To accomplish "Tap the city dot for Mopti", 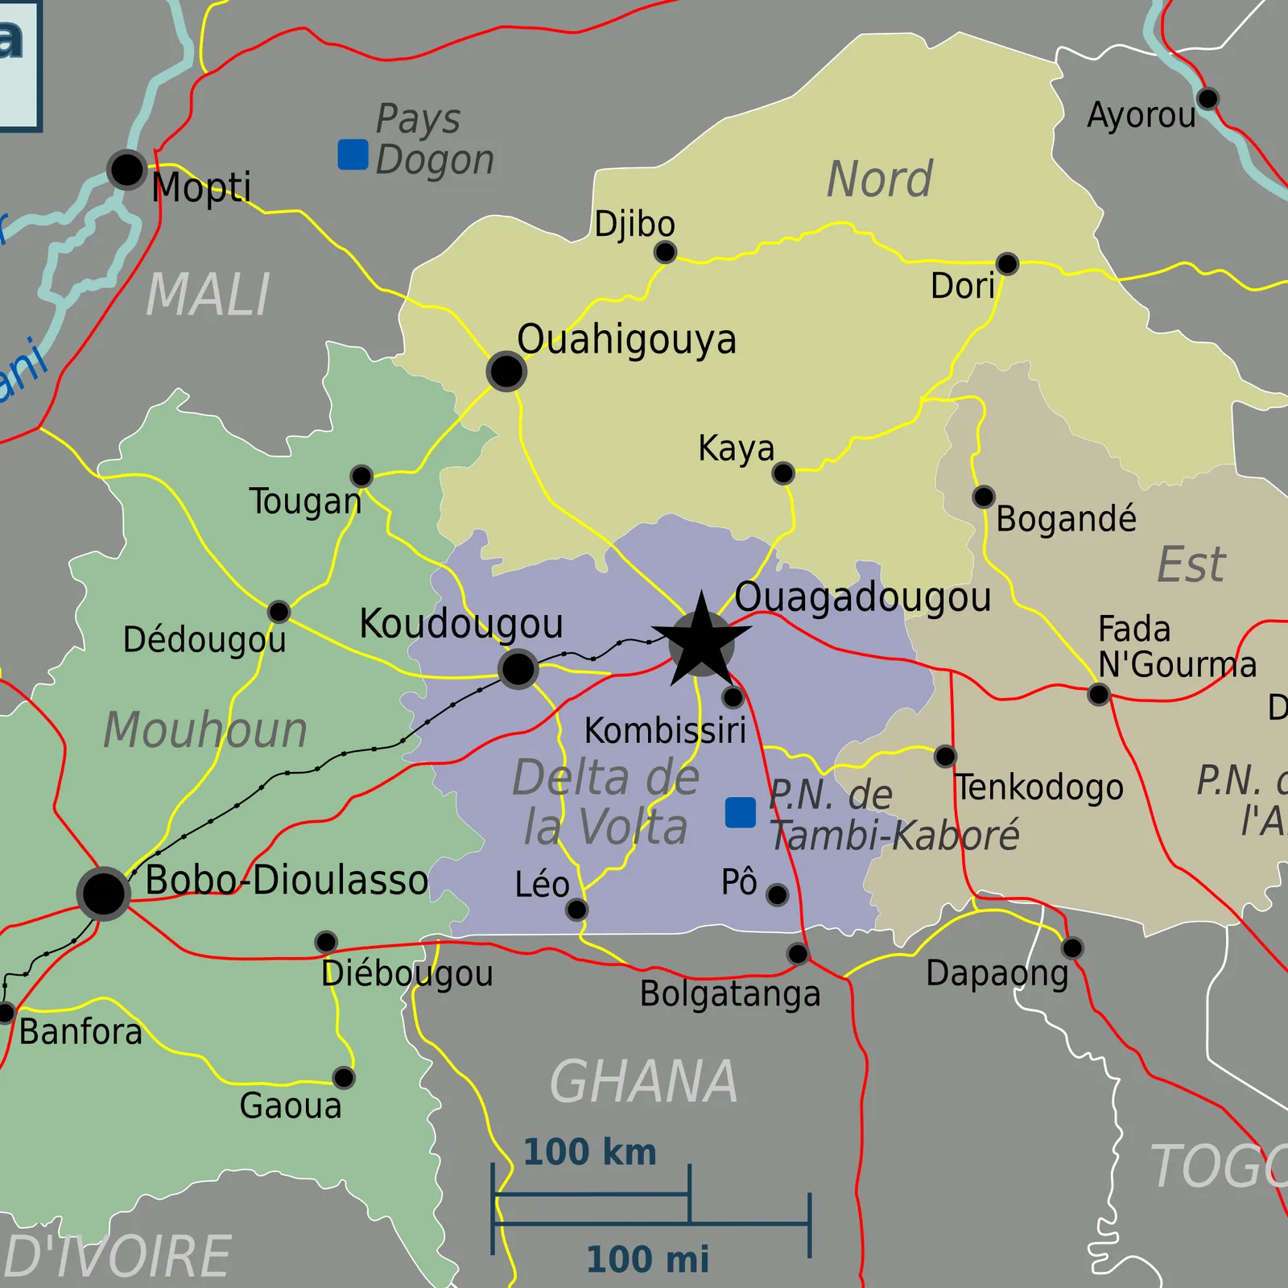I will tap(126, 170).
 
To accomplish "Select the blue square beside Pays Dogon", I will tap(353, 155).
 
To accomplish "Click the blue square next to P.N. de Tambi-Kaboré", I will tap(740, 812).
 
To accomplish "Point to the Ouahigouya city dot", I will tap(506, 371).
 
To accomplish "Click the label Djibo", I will tap(634, 224).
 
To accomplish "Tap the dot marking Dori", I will tap(1007, 263).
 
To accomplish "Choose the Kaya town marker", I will tap(782, 473).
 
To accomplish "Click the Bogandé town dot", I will tap(983, 497).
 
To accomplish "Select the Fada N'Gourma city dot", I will tap(1098, 694).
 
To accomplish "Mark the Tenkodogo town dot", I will tap(945, 756).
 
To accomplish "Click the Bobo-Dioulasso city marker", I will tap(103, 893).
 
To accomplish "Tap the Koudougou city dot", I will tap(518, 668).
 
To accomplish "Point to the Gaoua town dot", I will tap(344, 1077).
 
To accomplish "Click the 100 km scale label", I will tap(590, 1152).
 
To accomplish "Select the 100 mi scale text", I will tap(648, 1259).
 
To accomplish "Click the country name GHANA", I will tap(643, 1082).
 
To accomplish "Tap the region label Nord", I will tap(880, 179).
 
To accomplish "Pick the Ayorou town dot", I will tap(1207, 99).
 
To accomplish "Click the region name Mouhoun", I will tap(205, 730).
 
